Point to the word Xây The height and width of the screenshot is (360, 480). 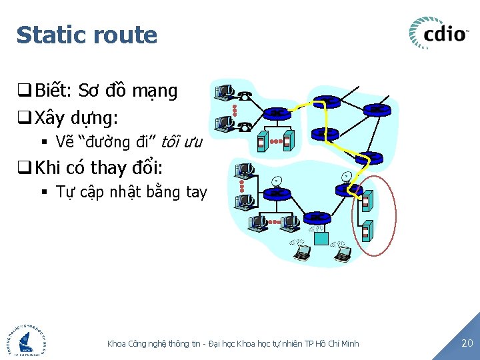[x=51, y=119]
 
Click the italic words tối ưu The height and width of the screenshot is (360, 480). [x=182, y=141]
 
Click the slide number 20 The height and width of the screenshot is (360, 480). [x=467, y=343]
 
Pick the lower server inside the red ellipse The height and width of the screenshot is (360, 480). [x=366, y=231]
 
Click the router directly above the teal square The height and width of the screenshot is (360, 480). [x=317, y=217]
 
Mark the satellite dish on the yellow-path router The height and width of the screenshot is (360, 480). [x=346, y=176]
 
